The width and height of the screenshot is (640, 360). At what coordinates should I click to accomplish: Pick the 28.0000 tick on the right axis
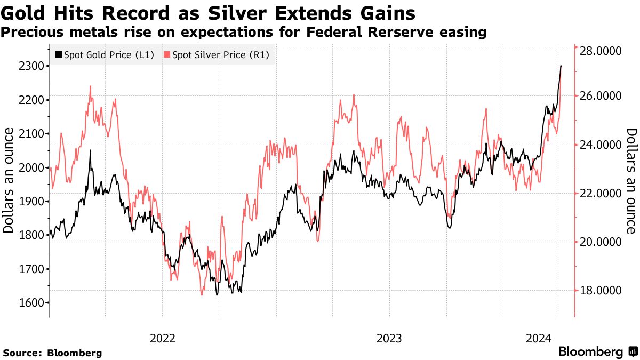600,52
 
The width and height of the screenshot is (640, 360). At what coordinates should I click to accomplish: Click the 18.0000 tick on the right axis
600,291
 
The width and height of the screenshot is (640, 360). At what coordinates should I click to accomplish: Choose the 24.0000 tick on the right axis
600,145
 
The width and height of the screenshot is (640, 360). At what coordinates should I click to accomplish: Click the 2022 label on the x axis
162,338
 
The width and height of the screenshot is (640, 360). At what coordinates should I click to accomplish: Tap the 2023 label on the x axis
389,338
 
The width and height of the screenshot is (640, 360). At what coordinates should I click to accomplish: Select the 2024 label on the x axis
539,338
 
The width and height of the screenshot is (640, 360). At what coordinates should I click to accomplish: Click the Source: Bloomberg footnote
52,353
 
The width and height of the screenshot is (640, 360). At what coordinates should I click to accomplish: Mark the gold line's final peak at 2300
561,66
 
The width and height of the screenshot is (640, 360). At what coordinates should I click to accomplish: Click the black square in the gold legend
59,55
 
